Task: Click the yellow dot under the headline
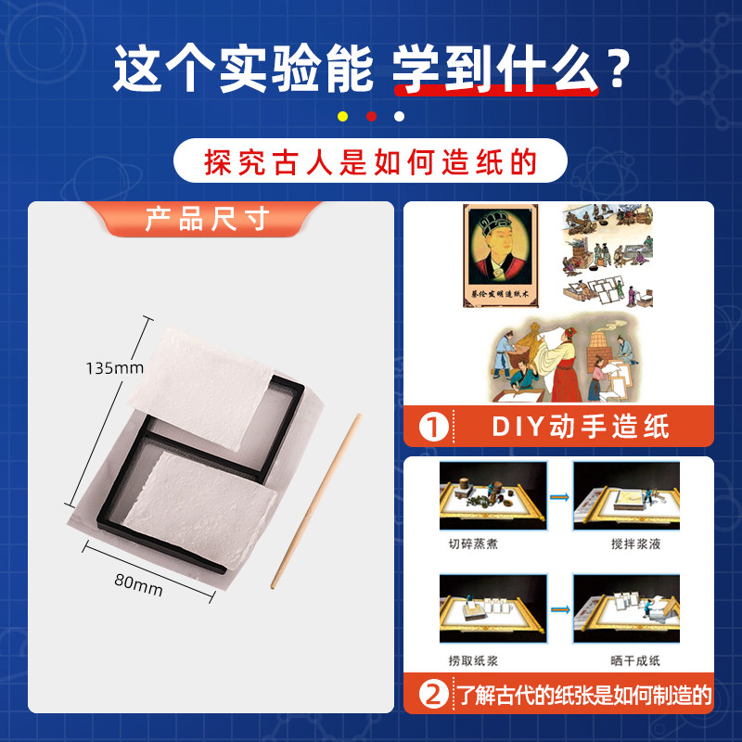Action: (x=342, y=117)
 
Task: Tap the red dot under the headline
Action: (x=372, y=117)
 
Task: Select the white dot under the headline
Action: (x=400, y=117)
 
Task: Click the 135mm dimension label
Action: (x=114, y=368)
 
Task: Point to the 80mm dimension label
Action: (x=138, y=585)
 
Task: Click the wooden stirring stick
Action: (x=315, y=501)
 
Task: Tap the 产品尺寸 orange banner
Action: (x=207, y=219)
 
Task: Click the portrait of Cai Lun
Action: (x=501, y=256)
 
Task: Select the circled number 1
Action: (x=433, y=428)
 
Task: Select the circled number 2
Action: (x=433, y=695)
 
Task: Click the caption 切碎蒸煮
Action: (x=473, y=544)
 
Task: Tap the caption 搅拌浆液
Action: (x=635, y=544)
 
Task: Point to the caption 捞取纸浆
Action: (x=473, y=660)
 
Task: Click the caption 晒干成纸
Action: (x=635, y=660)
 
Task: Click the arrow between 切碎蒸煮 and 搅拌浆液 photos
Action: (x=559, y=497)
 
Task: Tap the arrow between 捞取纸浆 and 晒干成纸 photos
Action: (x=560, y=609)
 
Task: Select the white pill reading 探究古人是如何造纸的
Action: (x=370, y=160)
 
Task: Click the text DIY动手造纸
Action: (x=581, y=427)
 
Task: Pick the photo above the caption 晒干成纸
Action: (x=627, y=608)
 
